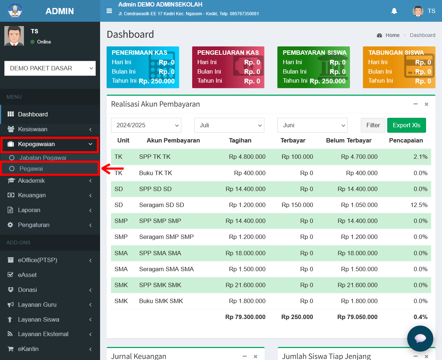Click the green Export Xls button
point(406,125)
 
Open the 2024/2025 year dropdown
point(146,125)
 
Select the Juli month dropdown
point(229,125)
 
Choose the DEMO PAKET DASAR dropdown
point(50,68)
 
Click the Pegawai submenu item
point(31,169)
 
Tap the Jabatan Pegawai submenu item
point(43,158)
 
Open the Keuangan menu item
point(32,195)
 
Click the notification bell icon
point(394,11)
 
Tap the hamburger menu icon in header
point(109,11)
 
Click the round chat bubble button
point(420,338)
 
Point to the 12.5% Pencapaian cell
point(419,205)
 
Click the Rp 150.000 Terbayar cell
point(297,205)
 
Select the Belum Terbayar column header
point(348,140)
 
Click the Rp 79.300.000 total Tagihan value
point(245,317)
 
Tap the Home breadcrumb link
point(392,35)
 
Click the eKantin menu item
point(28,349)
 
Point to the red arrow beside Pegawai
point(112,169)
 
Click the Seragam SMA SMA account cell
point(166,269)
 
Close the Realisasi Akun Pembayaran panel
point(426,104)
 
